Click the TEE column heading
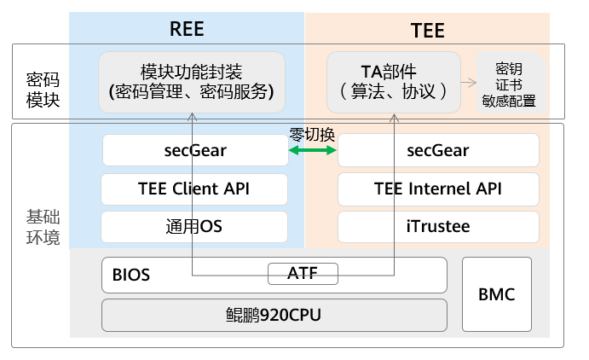point(427,31)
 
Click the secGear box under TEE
point(438,151)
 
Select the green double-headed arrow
point(313,151)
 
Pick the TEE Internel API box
point(438,189)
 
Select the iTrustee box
point(438,227)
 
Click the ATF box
point(303,274)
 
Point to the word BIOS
point(130,276)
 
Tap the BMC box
point(496,294)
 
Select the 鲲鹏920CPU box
point(274,314)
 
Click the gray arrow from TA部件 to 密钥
point(468,83)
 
